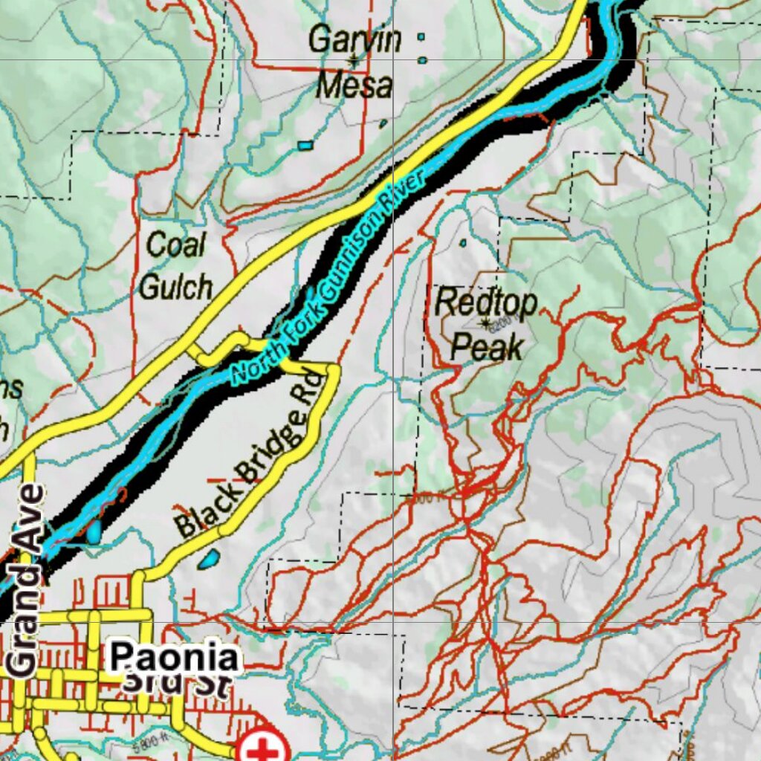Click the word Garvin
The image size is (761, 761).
click(355, 39)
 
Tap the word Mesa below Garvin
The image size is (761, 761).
click(354, 85)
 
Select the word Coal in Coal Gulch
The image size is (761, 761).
click(176, 245)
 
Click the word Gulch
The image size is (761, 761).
click(176, 287)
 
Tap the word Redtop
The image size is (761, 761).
click(485, 302)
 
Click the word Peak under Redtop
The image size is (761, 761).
click(488, 346)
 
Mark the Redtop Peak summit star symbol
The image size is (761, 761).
click(486, 323)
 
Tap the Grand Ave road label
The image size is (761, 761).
click(25, 580)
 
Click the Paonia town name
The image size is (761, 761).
click(175, 658)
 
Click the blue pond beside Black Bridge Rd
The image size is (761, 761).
click(209, 558)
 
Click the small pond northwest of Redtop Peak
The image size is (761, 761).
click(463, 243)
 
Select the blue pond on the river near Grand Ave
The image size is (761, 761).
click(94, 531)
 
